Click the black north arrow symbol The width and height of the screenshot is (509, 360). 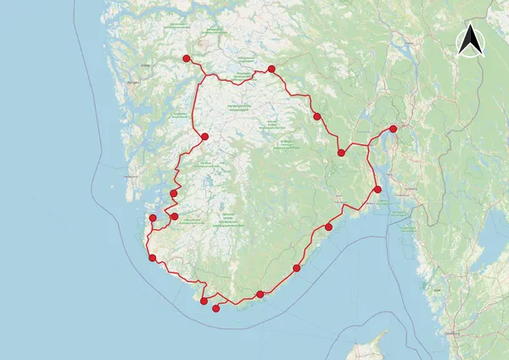pyautogui.click(x=469, y=41)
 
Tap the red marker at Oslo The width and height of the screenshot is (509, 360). pyautogui.click(x=393, y=129)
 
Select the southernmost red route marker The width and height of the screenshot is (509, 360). pyautogui.click(x=215, y=309)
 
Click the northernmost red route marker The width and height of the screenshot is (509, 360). pyautogui.click(x=185, y=58)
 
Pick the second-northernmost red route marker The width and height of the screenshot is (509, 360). pyautogui.click(x=271, y=69)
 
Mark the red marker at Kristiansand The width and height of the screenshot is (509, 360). pyautogui.click(x=260, y=295)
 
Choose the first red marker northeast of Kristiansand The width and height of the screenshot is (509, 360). pyautogui.click(x=297, y=268)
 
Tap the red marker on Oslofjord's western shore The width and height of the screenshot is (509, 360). pyautogui.click(x=378, y=188)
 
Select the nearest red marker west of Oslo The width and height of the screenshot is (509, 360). pyautogui.click(x=341, y=153)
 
